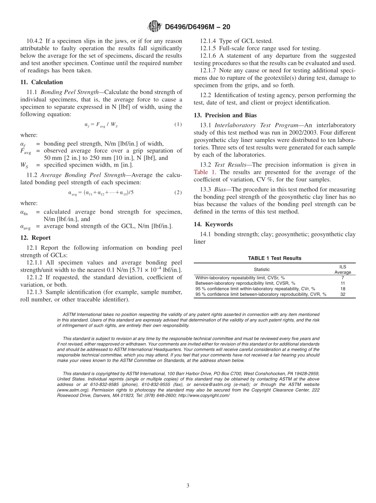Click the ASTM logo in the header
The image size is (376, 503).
click(154, 26)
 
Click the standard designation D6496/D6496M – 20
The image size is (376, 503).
click(197, 27)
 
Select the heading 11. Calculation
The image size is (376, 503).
click(42, 82)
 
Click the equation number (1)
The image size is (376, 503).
click(178, 125)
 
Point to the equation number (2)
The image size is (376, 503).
click(178, 193)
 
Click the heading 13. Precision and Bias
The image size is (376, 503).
click(225, 115)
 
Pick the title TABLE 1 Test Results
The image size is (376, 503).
click(274, 258)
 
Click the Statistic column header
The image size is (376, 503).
click(262, 269)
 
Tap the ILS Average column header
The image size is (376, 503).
click(342, 269)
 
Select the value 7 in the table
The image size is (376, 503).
click(342, 278)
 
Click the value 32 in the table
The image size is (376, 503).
click(342, 294)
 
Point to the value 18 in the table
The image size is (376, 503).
click(342, 289)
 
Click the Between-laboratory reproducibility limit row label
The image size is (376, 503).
click(245, 283)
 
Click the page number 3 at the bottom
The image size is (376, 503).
click(188, 486)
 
